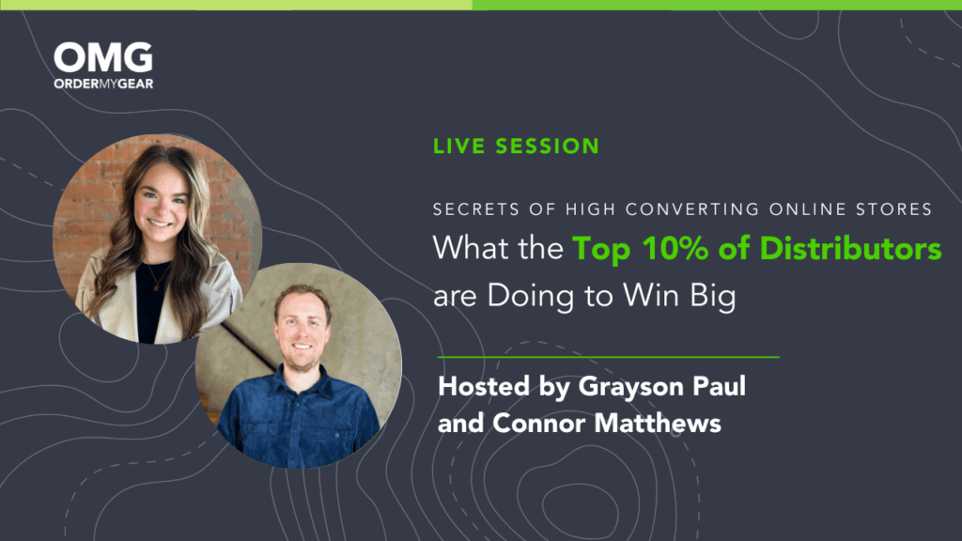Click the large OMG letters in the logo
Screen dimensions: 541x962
(x=102, y=57)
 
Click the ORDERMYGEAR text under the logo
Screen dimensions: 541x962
(x=102, y=83)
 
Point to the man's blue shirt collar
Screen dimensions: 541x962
(x=299, y=375)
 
